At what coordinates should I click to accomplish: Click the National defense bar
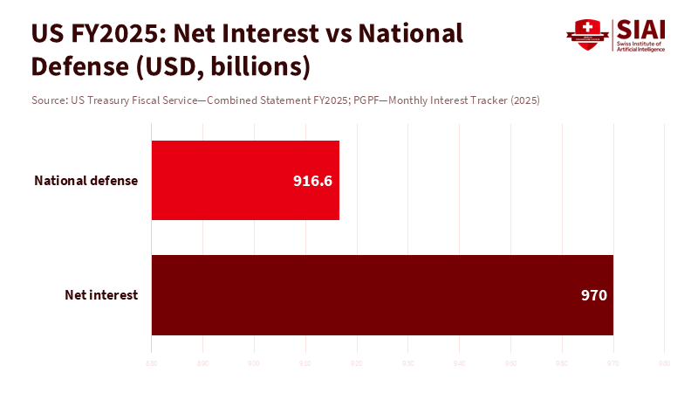[x=244, y=180]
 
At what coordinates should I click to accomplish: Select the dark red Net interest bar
[x=382, y=294]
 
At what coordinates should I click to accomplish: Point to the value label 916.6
[x=313, y=181]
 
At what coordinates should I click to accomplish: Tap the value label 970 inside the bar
[x=593, y=295]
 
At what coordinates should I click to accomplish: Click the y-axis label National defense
[x=86, y=181]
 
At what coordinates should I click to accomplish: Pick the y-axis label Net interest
[x=101, y=295]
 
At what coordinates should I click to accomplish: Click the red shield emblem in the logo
[x=586, y=35]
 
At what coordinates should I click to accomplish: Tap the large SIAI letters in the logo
[x=641, y=29]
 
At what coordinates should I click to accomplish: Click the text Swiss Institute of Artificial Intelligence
[x=641, y=46]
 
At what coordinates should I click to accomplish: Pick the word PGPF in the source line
[x=366, y=100]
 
